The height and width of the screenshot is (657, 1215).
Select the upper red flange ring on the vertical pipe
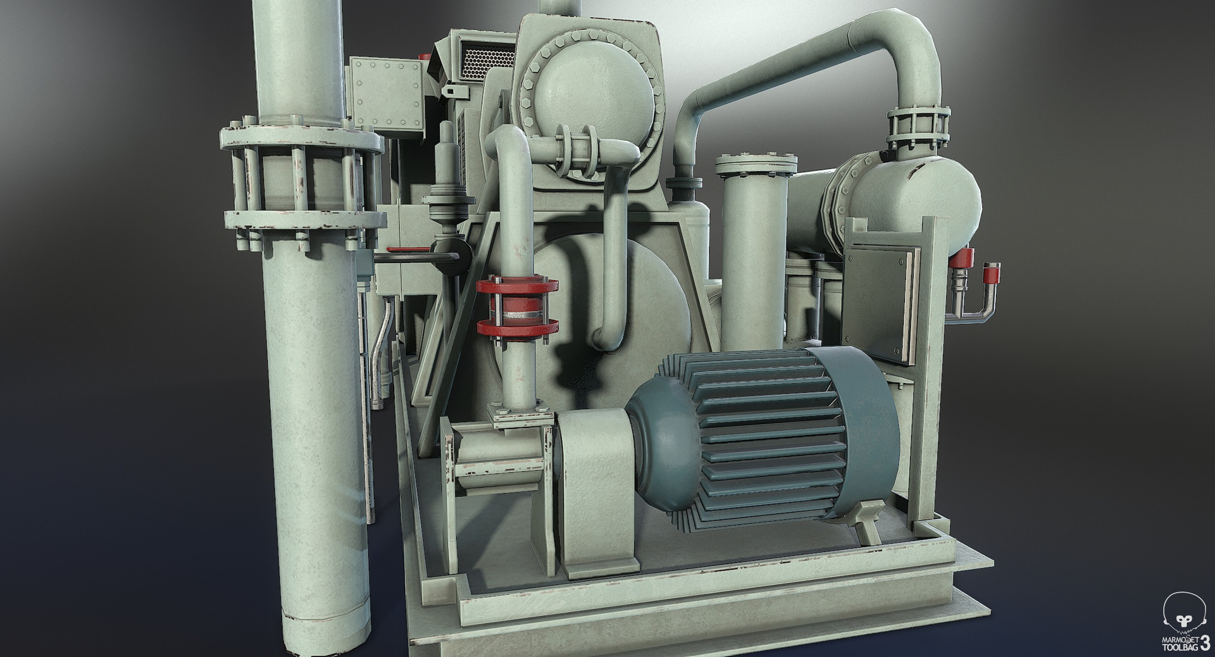click(517, 285)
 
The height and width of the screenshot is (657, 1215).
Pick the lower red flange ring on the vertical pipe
click(517, 327)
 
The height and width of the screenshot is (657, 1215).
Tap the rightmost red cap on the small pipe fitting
click(991, 273)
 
